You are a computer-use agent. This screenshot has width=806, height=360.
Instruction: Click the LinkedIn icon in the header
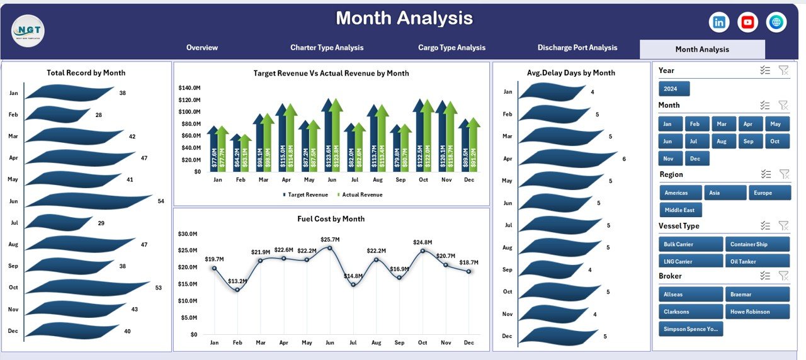coord(718,22)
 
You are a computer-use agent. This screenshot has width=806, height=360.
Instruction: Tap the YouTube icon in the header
coord(747,22)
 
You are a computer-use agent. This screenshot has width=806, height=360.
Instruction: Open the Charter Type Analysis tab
coord(326,48)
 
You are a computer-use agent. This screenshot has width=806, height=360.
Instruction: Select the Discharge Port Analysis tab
coord(577,48)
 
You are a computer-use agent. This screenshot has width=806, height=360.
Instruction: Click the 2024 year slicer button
coord(674,89)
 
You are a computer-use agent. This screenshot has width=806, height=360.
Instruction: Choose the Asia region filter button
coord(725,193)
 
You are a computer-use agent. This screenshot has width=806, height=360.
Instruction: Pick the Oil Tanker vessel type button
coord(758,261)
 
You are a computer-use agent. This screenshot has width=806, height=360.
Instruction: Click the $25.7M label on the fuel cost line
coord(330,239)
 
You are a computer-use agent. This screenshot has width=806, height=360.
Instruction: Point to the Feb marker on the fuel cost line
coord(237,290)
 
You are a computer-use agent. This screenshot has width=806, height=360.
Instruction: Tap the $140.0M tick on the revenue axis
coord(189,87)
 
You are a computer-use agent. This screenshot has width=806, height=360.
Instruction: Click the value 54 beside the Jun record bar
coord(161,201)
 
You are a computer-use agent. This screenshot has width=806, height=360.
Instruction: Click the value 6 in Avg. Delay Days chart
coord(624,159)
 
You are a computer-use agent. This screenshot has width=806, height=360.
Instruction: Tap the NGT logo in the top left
coord(28,30)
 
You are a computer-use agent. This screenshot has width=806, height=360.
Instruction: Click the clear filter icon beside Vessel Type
coord(783,225)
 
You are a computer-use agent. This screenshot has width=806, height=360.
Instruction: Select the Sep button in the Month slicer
coord(748,142)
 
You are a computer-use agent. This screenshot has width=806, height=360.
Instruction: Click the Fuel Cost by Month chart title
coord(331,219)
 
